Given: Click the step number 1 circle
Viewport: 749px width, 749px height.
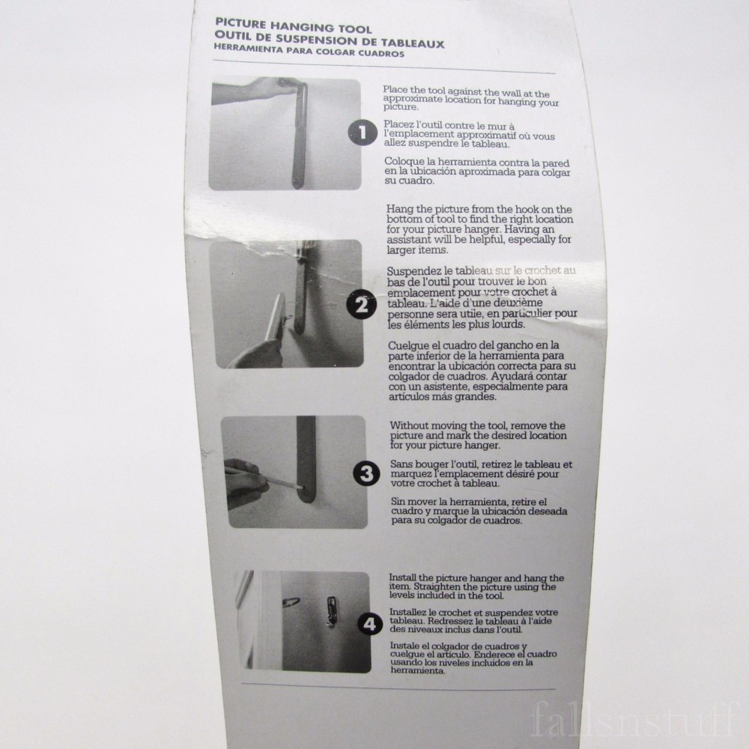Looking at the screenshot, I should [363, 134].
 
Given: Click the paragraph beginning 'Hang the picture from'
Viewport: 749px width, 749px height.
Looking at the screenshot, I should [479, 229].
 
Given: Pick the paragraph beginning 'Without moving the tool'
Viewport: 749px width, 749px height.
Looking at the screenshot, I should [479, 434].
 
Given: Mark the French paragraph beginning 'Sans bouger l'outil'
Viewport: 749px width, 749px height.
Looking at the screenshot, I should [482, 474].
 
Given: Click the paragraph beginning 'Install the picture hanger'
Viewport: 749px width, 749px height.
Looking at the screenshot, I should [476, 587].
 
